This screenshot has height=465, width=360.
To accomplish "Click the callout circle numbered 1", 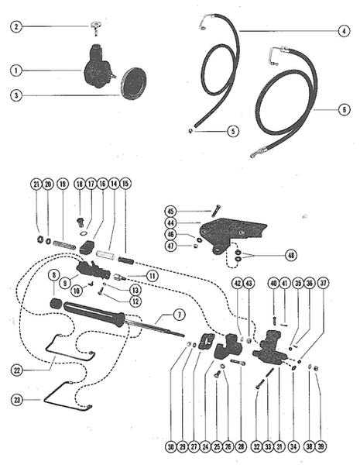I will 14,71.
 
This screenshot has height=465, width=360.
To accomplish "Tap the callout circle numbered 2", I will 14,27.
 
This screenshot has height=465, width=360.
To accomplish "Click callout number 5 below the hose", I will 211,131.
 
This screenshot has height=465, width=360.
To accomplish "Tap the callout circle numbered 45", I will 172,210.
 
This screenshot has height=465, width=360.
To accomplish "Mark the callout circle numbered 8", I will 53,276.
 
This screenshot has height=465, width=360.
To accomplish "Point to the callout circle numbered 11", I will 153,276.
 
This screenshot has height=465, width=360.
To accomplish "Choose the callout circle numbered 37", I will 323,284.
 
